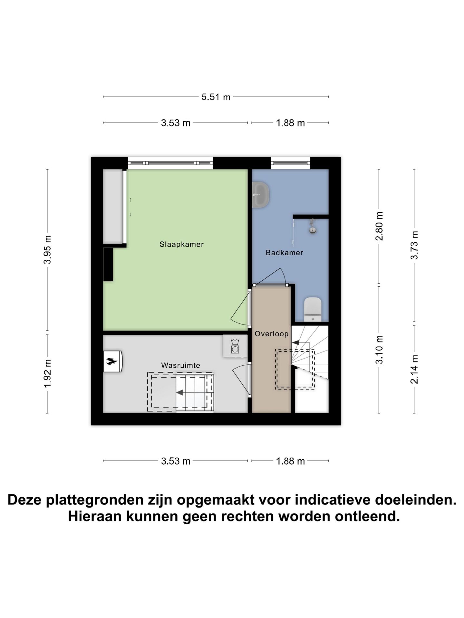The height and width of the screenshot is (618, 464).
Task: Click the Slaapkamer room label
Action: click(181, 244)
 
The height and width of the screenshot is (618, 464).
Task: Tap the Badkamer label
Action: click(284, 253)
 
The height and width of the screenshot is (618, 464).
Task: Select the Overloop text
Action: click(271, 334)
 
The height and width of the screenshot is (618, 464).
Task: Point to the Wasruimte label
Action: click(180, 365)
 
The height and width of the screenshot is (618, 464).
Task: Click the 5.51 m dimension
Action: click(216, 97)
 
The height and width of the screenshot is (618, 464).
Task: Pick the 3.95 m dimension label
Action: click(48, 250)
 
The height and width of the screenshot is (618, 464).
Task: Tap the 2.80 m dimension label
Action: click(379, 226)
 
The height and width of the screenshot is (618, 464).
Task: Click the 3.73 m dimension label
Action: click(414, 245)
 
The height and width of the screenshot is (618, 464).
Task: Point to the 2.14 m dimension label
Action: click(414, 369)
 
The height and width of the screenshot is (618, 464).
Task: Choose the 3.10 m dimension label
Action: click(379, 350)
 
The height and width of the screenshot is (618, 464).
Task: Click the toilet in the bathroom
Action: click(313, 309)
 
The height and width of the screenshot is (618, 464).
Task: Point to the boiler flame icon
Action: click(112, 361)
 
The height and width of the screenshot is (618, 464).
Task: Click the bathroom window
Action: click(290, 163)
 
